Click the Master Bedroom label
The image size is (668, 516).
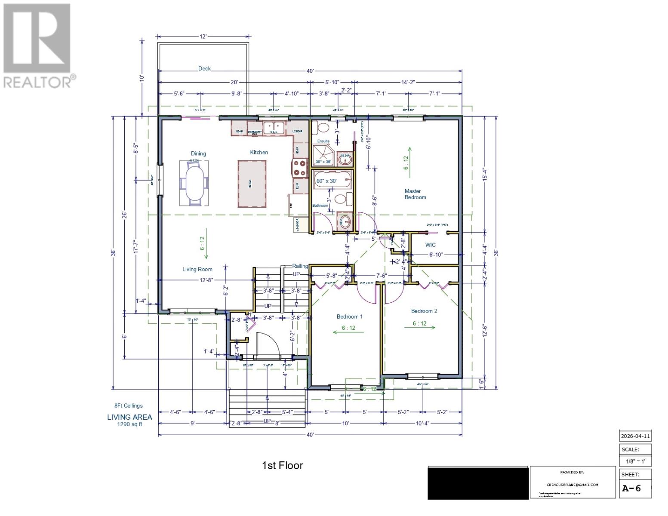point(415,194)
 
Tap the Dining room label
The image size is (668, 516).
point(198,154)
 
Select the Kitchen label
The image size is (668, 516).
point(259,152)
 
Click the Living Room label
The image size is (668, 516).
point(197,270)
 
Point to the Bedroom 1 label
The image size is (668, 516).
point(349,316)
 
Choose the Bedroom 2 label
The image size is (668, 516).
point(424,311)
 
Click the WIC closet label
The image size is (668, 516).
point(430,245)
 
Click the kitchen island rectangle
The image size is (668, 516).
point(252,184)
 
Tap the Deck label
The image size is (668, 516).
point(204,69)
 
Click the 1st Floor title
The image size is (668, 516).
point(282,465)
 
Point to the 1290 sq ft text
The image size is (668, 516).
point(129,424)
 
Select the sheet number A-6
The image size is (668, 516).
point(631,488)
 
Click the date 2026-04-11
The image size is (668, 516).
point(635,436)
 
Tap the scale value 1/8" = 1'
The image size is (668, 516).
point(635,462)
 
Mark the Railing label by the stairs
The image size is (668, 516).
point(300,266)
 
